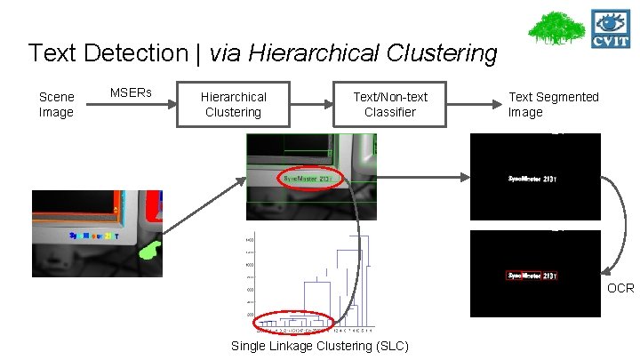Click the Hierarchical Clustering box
pos(233,104)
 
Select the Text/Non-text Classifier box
pos(390,104)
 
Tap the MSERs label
pos(131,92)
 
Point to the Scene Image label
pos(56,104)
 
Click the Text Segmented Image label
pos(553,104)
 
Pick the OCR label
pos(620,288)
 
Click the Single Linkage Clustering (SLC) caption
pos(320,346)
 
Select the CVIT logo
pos(612,28)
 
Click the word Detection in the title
pos(133,53)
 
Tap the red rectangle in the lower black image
pos(532,276)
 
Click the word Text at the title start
pos(52,53)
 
